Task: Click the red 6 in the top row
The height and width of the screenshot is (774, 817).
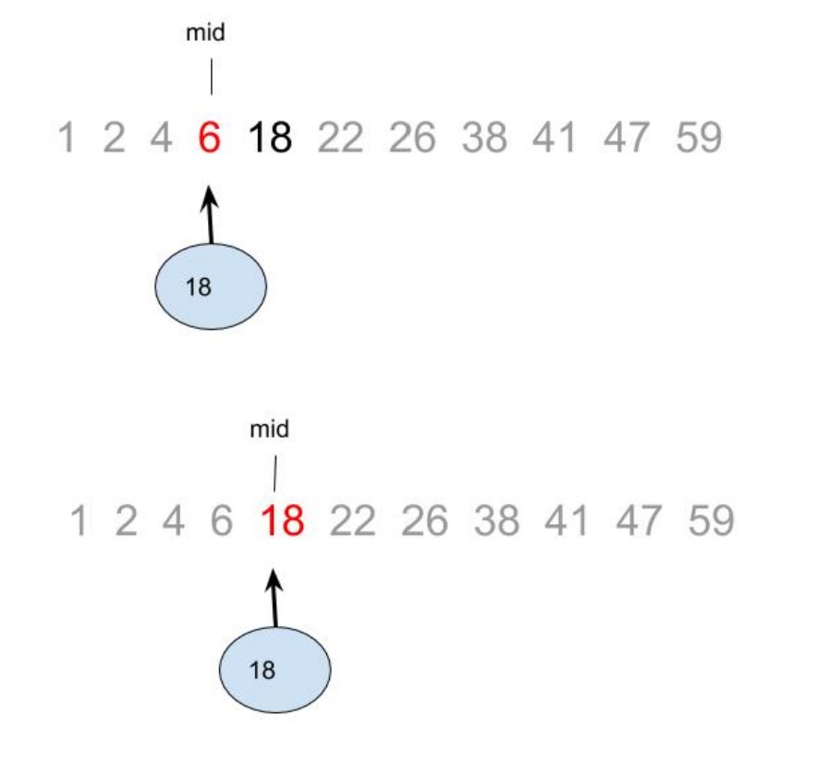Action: click(210, 139)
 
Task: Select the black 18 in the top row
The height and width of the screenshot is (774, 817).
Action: click(271, 139)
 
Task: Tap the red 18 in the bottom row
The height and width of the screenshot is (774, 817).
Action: click(282, 522)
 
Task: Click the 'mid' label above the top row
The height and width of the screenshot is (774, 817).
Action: click(206, 34)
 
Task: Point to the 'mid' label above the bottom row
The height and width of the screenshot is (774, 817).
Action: click(270, 429)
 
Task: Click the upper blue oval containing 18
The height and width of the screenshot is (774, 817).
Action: click(211, 286)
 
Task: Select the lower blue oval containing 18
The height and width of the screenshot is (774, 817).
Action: click(274, 670)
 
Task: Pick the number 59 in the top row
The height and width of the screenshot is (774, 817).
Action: click(699, 139)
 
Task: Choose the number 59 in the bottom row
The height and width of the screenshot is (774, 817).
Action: click(711, 522)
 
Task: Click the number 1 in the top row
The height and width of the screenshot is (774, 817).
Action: click(67, 139)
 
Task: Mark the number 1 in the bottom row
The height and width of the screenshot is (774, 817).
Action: click(79, 522)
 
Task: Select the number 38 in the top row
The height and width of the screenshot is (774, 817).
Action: click(484, 139)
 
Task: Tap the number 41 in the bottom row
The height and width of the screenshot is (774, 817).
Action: click(567, 522)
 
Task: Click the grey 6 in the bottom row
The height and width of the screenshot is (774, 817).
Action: click(221, 522)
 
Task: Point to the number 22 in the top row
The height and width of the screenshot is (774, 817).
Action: click(341, 139)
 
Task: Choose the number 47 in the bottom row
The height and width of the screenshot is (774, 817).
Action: click(639, 522)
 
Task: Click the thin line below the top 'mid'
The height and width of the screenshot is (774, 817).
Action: click(211, 78)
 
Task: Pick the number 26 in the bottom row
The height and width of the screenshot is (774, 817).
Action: click(424, 522)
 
